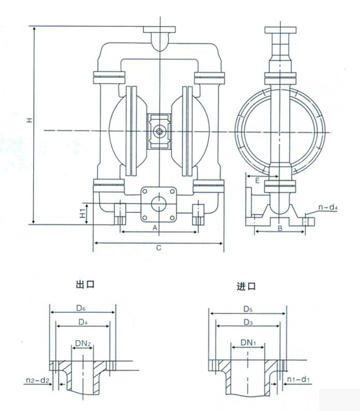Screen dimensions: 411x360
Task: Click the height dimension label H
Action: (x=30, y=120)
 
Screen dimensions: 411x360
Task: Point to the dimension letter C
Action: (x=159, y=248)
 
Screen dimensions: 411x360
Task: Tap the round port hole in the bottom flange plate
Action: (x=160, y=202)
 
